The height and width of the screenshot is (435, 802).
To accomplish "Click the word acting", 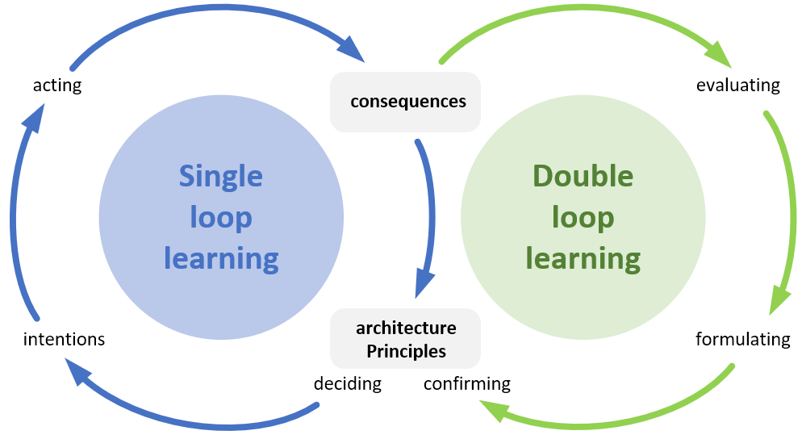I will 57,85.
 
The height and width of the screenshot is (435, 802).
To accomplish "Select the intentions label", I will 65,339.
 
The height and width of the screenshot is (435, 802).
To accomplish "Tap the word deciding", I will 348,383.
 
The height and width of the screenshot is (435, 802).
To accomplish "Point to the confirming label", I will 467,383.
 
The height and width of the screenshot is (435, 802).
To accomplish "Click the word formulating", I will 743,339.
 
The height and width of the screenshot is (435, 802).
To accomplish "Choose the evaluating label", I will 738,85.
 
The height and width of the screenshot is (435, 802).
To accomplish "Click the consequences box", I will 405,102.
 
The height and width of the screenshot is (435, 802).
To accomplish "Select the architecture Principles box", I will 405,339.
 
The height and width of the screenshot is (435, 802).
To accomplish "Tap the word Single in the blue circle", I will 221,176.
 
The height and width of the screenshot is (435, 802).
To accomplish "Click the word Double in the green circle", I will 583,176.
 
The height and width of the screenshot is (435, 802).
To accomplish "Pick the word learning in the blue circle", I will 221,258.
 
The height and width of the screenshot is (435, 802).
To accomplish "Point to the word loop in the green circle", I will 583,217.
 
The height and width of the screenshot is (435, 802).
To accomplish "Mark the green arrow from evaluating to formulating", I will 787,210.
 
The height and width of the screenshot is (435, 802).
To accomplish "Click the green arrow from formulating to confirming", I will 613,420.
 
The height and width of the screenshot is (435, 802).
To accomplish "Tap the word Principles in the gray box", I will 406,351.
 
